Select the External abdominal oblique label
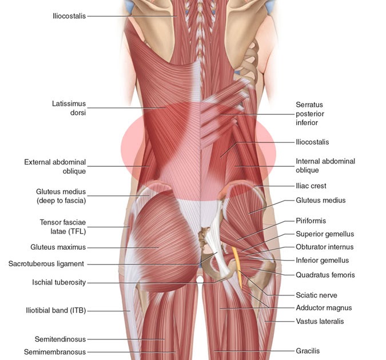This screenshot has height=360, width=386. coord(55,166)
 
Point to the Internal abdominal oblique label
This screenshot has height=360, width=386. coord(325,165)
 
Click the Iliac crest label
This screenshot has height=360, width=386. coord(311,186)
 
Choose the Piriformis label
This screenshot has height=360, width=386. coord(311,221)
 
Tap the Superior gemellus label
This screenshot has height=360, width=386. coord(325,234)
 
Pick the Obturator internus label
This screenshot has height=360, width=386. coord(324,247)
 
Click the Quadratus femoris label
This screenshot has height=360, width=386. coord(325,275)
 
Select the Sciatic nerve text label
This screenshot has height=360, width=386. coord(316,295)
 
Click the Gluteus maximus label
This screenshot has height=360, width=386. coord(58,247)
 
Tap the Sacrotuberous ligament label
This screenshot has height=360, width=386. coord(46,264)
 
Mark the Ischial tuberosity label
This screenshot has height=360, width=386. coord(59,282)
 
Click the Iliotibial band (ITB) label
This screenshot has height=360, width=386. coord(54,310)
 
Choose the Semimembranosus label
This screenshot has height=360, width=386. coord(55,352)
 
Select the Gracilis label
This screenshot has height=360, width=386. coord(308,351)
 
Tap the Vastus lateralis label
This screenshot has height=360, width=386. coord(320,321)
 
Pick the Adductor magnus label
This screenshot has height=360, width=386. coord(324,307)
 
